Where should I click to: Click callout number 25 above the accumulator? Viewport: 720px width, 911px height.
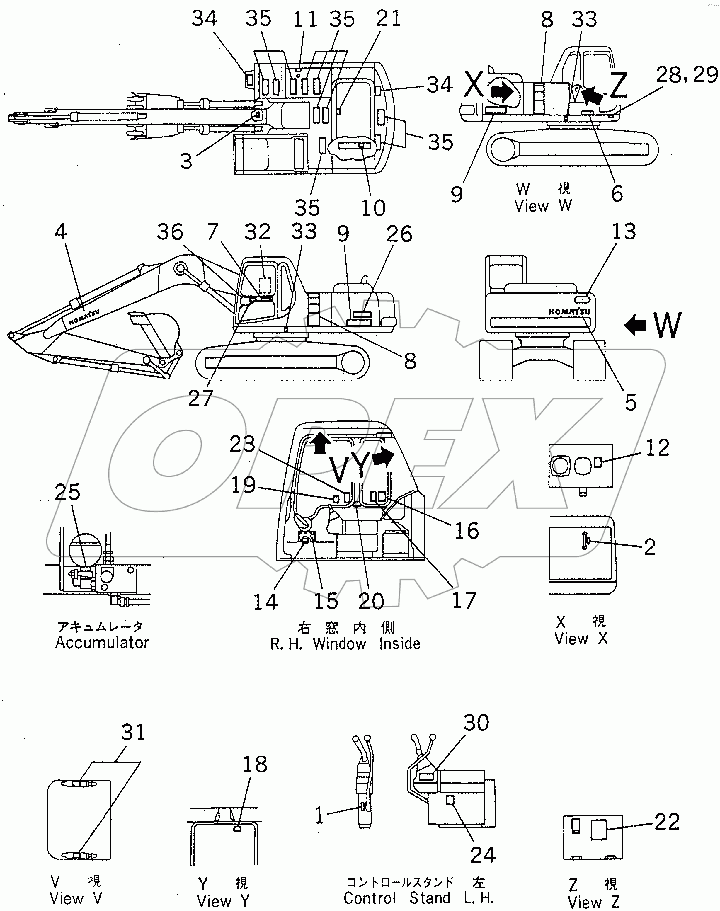click(x=67, y=492)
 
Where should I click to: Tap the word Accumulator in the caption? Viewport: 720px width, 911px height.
click(x=103, y=643)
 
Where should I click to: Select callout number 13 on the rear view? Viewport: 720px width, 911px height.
click(x=624, y=231)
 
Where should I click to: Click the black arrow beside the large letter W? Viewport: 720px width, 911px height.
click(x=635, y=325)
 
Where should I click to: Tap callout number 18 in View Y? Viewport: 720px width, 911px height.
click(x=255, y=764)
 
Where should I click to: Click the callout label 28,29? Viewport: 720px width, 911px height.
click(x=687, y=75)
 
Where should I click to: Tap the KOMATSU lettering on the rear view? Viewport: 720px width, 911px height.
click(x=569, y=311)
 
